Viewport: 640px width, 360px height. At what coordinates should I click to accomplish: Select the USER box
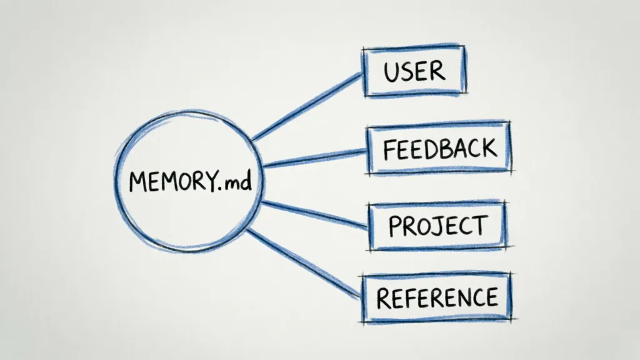click(414, 72)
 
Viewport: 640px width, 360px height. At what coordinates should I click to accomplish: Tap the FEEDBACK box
click(439, 149)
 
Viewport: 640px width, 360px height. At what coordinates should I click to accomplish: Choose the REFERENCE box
click(437, 297)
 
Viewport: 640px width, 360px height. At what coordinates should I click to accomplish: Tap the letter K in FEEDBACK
click(488, 148)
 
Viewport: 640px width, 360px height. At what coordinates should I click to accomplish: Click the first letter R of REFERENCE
click(383, 298)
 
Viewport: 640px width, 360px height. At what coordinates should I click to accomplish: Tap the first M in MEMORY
click(137, 182)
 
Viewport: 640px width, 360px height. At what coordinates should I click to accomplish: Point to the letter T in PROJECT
click(479, 226)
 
